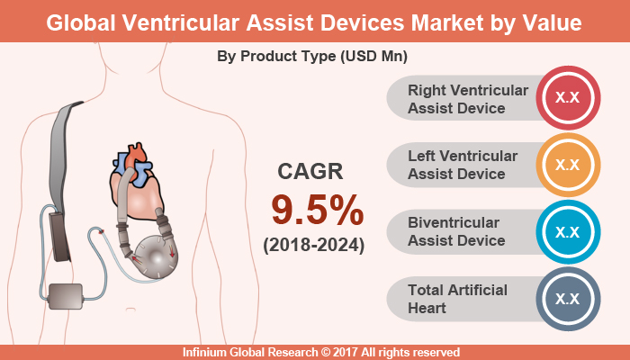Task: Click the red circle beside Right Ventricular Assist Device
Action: point(567,100)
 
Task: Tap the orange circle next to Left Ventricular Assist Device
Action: point(567,166)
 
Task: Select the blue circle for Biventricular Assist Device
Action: point(567,231)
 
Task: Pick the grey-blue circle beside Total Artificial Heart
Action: point(567,298)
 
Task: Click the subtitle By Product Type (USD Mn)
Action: point(312,56)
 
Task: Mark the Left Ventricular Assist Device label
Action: point(463,166)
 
